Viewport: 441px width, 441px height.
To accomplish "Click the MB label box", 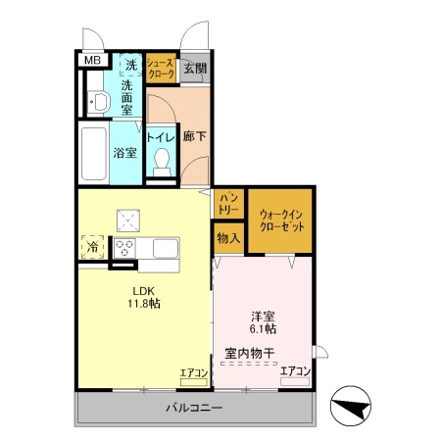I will (x=91, y=61).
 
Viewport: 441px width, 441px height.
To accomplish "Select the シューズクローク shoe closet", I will (x=161, y=68).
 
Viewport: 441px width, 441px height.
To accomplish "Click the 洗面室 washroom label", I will (x=127, y=91).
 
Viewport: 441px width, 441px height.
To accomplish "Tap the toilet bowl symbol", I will (x=161, y=163).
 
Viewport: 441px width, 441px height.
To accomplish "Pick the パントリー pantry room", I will (x=228, y=204).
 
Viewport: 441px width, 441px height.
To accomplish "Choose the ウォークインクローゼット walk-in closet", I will (x=281, y=218).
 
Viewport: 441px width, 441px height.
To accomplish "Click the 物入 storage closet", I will (x=228, y=237).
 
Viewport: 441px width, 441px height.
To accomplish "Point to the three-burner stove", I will (x=126, y=246).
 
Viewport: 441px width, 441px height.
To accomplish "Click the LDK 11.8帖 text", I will (x=142, y=297).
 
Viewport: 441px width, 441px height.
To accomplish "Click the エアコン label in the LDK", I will (x=193, y=372).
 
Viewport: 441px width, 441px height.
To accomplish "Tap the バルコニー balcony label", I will (x=193, y=407).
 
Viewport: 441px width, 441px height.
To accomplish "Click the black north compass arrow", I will (x=351, y=405).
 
